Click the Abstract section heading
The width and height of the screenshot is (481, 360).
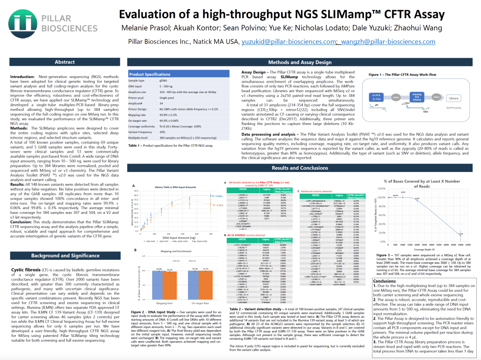coord(64,62)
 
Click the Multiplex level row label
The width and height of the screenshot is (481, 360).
coord(141,139)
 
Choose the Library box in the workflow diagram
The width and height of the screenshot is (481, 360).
coord(454,98)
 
